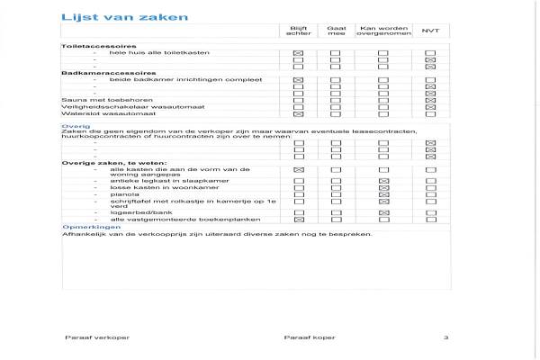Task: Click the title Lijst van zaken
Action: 112,16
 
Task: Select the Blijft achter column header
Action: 298,31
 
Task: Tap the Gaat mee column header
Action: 337,31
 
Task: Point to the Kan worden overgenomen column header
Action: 382,31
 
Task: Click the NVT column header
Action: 430,31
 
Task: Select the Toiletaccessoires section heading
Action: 98,46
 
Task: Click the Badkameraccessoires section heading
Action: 108,73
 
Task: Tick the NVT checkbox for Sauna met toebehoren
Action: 430,98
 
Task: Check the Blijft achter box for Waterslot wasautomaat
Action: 298,114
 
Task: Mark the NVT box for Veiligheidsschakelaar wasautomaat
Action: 430,106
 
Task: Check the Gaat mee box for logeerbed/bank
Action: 337,211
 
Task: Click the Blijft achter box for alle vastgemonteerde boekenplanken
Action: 298,219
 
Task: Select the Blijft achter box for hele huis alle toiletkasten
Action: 298,53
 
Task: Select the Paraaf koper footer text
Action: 309,337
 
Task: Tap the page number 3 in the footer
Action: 445,337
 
